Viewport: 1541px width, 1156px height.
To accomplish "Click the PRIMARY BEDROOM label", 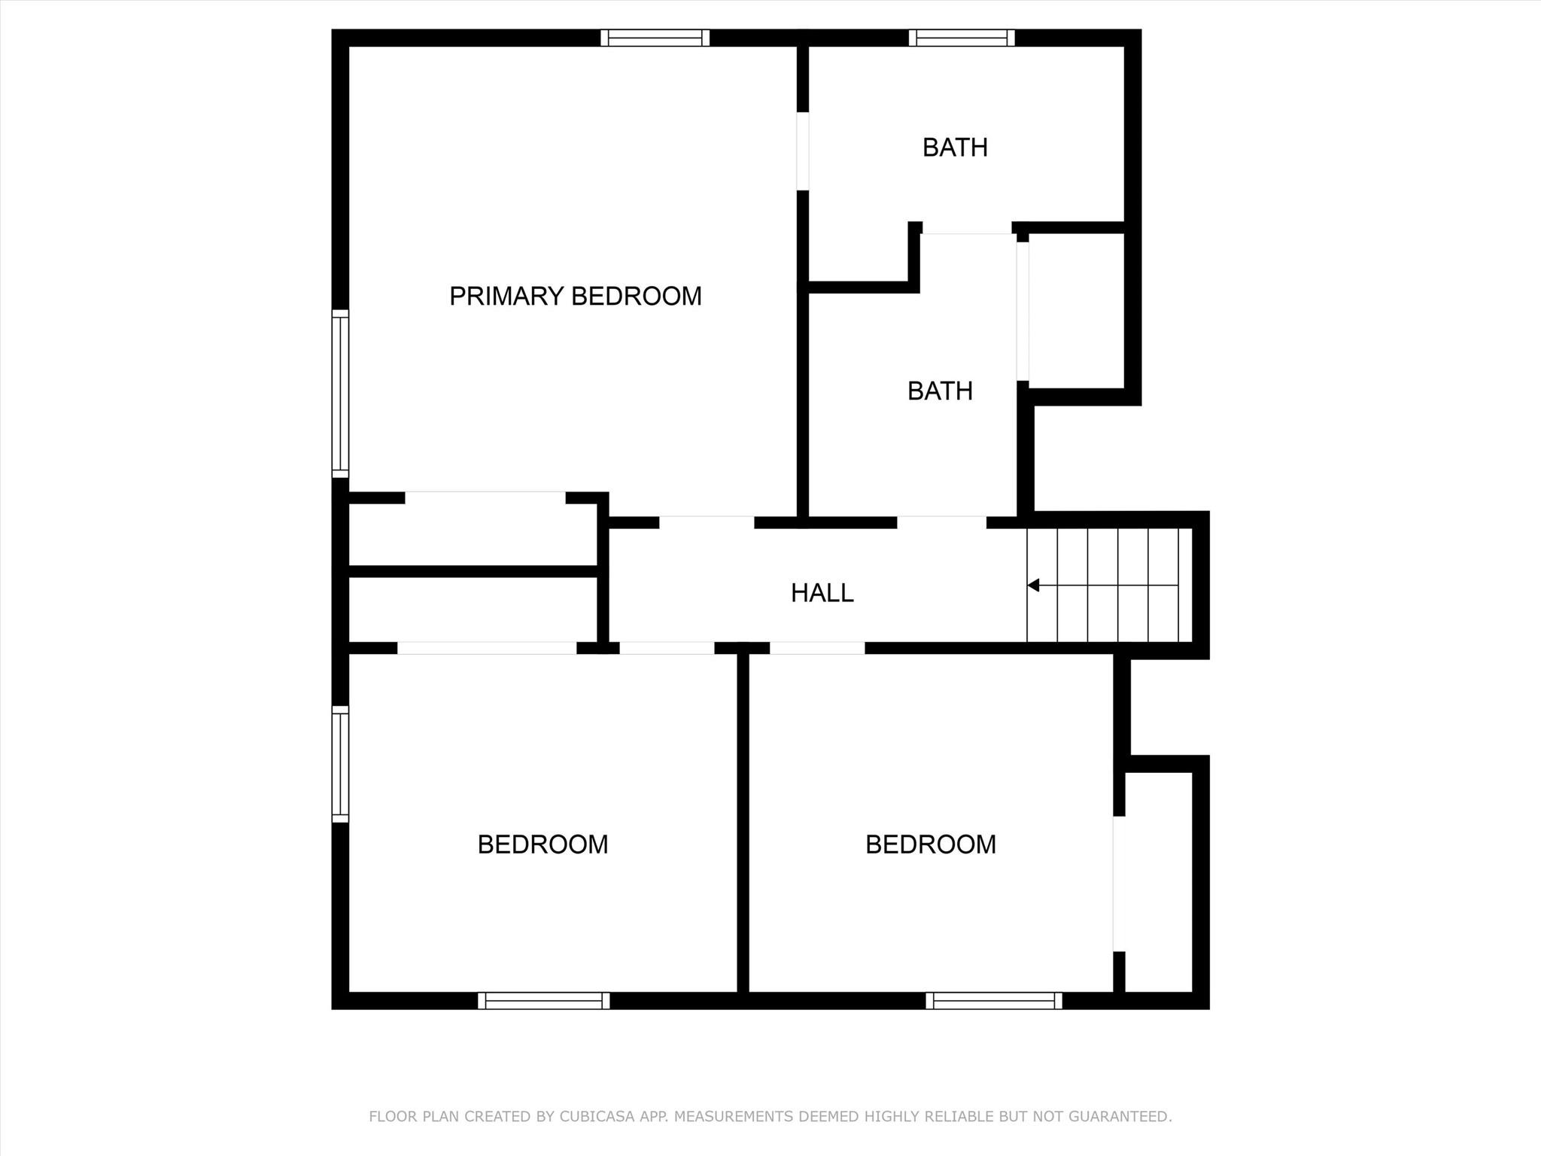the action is click(x=576, y=297).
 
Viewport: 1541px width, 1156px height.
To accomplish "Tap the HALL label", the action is click(x=822, y=593).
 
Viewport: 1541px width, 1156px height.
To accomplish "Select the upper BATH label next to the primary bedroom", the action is click(x=955, y=148).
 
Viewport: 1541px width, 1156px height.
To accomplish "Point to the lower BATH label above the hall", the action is click(x=940, y=391).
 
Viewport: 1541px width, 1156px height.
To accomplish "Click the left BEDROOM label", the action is click(x=543, y=844).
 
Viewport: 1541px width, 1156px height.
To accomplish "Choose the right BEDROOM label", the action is click(x=931, y=844).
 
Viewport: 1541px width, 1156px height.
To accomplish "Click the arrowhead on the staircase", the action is click(x=1034, y=585).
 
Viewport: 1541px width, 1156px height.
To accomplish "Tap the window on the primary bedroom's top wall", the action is click(x=655, y=38).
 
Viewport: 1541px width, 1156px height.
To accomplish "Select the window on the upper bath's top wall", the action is click(x=962, y=38).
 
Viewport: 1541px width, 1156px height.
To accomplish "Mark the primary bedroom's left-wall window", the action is click(x=340, y=393).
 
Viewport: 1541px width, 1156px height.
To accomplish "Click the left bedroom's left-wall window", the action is click(x=340, y=764).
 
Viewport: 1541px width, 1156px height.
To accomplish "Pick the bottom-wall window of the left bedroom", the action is click(x=543, y=1000).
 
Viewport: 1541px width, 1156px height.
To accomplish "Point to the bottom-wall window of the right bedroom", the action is click(x=994, y=1000).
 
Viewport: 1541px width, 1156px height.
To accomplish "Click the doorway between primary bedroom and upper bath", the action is click(x=803, y=151).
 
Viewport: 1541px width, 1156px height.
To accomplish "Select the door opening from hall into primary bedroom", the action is click(x=707, y=522).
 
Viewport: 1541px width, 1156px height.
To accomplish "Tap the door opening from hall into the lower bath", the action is click(x=941, y=522).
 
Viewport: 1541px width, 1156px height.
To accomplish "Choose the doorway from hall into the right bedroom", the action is click(x=817, y=648).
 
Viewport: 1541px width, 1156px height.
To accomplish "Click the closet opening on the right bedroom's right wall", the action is click(x=1119, y=884).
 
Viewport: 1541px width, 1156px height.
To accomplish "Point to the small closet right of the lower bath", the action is click(x=1076, y=311).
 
